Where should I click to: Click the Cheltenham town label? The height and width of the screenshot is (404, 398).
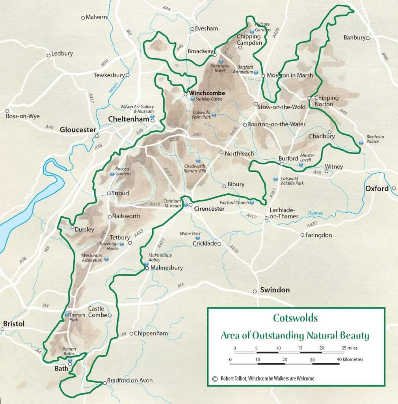129,119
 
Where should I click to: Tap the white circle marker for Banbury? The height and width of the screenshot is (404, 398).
367,38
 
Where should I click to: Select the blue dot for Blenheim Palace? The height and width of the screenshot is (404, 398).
361,143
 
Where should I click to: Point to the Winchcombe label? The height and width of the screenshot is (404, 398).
207,93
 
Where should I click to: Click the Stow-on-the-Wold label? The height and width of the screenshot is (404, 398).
281,107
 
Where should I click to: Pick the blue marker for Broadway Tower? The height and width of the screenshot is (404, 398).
221,61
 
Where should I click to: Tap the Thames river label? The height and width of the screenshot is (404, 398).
315,213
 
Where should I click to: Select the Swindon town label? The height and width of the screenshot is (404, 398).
275,290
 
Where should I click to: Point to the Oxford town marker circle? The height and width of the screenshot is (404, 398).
394,189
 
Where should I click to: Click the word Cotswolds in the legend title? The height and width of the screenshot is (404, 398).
295,318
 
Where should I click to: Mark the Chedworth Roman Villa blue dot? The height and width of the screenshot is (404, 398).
198,160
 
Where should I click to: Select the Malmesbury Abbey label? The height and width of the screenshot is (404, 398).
160,258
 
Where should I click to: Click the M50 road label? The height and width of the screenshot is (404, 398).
104,62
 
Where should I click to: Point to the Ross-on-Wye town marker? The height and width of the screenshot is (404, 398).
7,111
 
